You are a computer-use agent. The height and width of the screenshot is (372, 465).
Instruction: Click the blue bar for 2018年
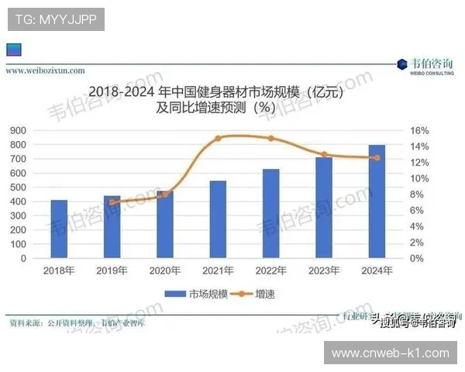point(59,229)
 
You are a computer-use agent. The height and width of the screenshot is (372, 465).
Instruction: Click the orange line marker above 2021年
point(218,138)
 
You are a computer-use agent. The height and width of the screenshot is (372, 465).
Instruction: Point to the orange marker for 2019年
point(112,202)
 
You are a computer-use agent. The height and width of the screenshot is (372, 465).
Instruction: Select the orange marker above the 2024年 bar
point(377,158)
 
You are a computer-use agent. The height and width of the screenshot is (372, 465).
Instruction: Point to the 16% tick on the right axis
point(419,130)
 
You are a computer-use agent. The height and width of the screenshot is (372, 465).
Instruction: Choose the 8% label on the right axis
point(417,195)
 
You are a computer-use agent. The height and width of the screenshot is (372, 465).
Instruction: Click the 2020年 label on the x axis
point(165,270)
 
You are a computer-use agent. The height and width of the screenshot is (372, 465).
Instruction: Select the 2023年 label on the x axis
point(324,270)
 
